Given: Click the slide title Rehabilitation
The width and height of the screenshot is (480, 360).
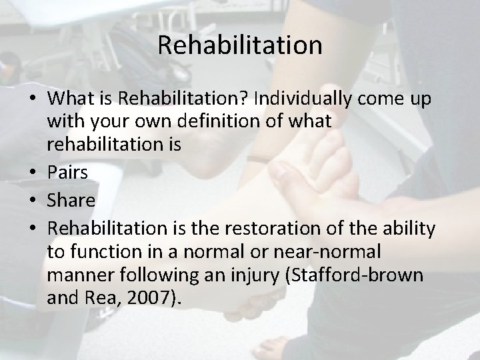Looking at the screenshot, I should [x=240, y=46].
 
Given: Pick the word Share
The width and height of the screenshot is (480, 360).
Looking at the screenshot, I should [x=72, y=200].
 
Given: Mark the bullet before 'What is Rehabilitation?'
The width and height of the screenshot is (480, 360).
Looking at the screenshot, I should [x=34, y=100].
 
